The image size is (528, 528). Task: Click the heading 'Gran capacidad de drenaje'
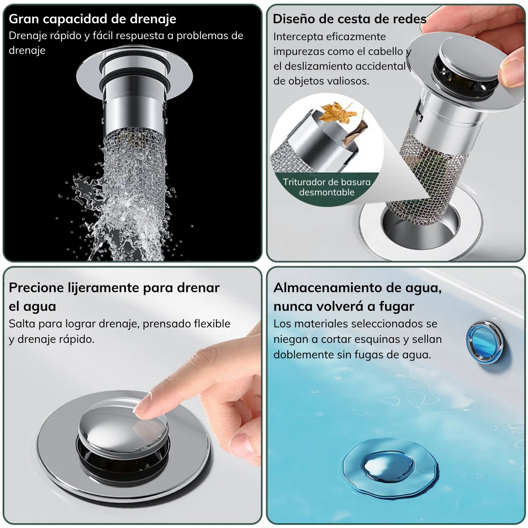(93, 19)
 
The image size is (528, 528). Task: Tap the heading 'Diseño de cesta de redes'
(350, 19)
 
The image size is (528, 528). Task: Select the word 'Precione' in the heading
(36, 288)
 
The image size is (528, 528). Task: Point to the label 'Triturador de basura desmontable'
(327, 187)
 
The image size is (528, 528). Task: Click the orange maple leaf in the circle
(338, 112)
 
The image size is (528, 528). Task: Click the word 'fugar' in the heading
(396, 307)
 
